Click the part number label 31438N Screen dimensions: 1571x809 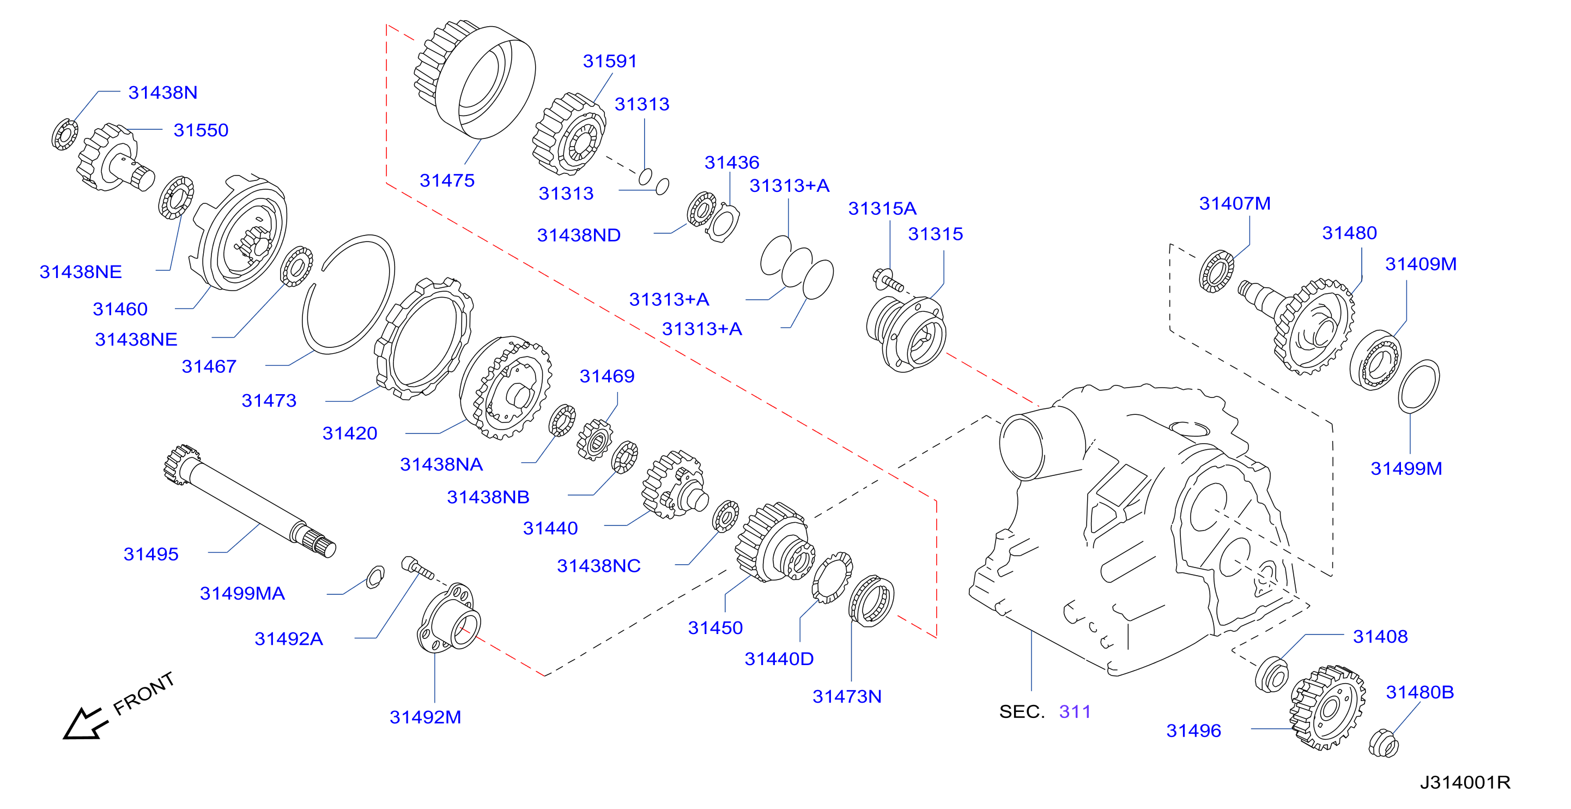point(163,92)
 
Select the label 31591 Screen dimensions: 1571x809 point(610,61)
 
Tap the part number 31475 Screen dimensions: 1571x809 point(447,180)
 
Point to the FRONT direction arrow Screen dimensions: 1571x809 point(85,723)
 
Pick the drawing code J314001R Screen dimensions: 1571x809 point(1465,782)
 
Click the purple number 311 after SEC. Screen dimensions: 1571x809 point(1075,711)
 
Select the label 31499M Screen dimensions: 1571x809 point(1406,469)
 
